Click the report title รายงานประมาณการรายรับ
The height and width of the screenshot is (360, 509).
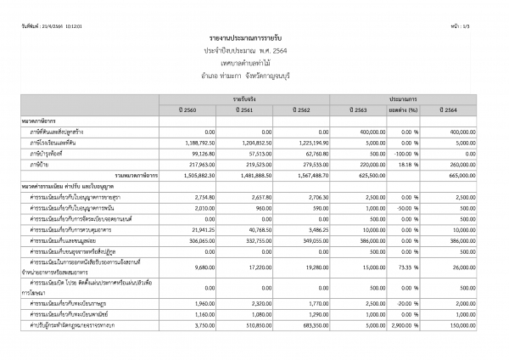(254, 40)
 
